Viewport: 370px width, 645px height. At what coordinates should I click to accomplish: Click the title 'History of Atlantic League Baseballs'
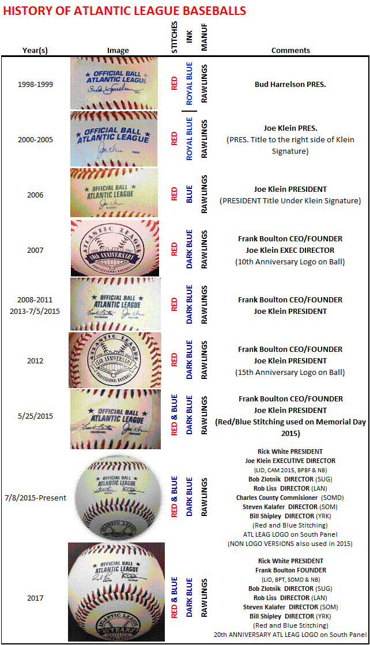124,11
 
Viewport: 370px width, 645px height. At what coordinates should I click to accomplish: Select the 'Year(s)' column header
35,50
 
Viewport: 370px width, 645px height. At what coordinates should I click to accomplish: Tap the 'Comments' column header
290,50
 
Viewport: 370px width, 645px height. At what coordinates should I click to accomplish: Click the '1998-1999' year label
35,84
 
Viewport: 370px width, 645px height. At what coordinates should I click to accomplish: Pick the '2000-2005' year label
35,139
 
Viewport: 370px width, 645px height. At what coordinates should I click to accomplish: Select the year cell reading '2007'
35,250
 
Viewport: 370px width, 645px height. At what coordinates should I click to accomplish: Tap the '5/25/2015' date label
35,416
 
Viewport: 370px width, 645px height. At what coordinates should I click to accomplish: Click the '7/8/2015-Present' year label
35,498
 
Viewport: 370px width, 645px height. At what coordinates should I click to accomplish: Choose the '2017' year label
35,598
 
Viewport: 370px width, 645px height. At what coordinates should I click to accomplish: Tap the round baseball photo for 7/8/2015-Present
116,496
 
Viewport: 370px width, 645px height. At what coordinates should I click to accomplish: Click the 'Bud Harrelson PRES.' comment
290,84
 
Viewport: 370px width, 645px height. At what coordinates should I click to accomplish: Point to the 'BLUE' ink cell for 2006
188,195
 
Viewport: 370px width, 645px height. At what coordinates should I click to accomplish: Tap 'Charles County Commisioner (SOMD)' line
290,498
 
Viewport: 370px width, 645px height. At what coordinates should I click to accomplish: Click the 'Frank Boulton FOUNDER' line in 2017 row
290,570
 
